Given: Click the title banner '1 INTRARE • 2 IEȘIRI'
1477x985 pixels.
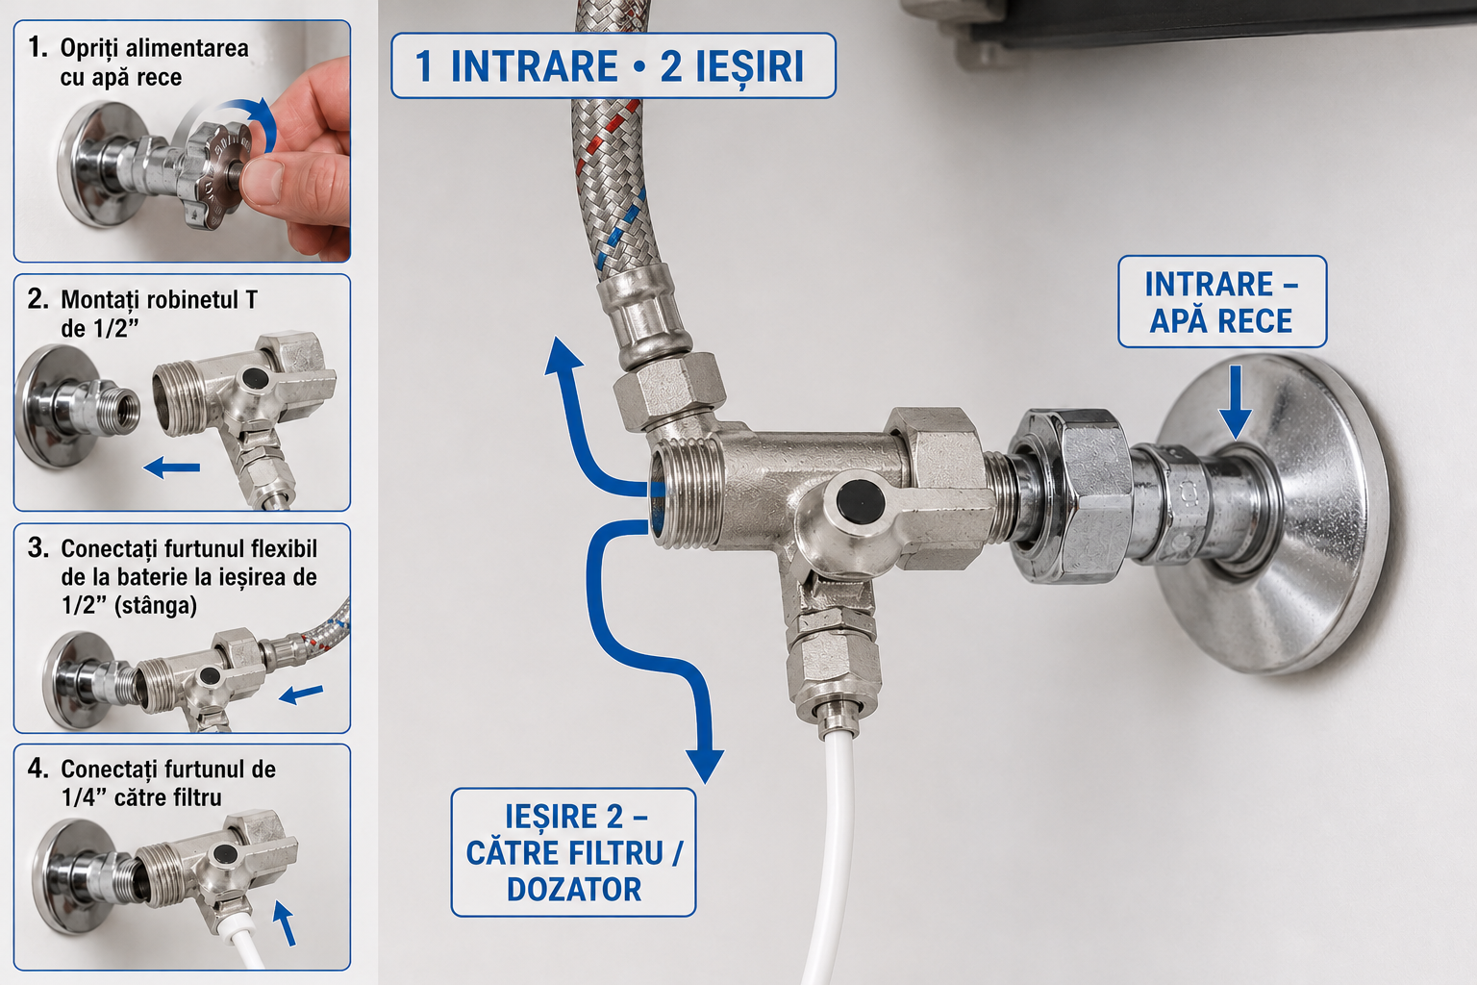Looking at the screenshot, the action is (x=613, y=66).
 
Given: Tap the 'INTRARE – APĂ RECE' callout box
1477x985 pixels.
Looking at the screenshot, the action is (x=1222, y=301).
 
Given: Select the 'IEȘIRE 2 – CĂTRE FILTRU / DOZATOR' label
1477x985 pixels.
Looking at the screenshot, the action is (x=573, y=851).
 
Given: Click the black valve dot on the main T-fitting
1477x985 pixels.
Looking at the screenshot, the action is (x=861, y=503).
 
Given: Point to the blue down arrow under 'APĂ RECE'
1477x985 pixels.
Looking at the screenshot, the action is (x=1235, y=402).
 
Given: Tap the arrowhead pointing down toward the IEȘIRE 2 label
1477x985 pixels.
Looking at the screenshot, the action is (x=705, y=766).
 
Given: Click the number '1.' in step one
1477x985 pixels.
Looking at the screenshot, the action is (x=38, y=47).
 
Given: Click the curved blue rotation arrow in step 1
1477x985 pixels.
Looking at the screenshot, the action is (x=254, y=122).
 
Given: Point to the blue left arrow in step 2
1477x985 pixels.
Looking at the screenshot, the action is (x=171, y=467).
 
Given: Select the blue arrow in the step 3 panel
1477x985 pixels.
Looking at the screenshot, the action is (x=301, y=694).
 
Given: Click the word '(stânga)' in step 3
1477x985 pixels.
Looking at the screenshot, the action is (x=156, y=606).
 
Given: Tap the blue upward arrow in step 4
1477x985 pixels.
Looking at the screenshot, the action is (x=285, y=923).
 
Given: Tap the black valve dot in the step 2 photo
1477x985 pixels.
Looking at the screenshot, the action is (x=255, y=378).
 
